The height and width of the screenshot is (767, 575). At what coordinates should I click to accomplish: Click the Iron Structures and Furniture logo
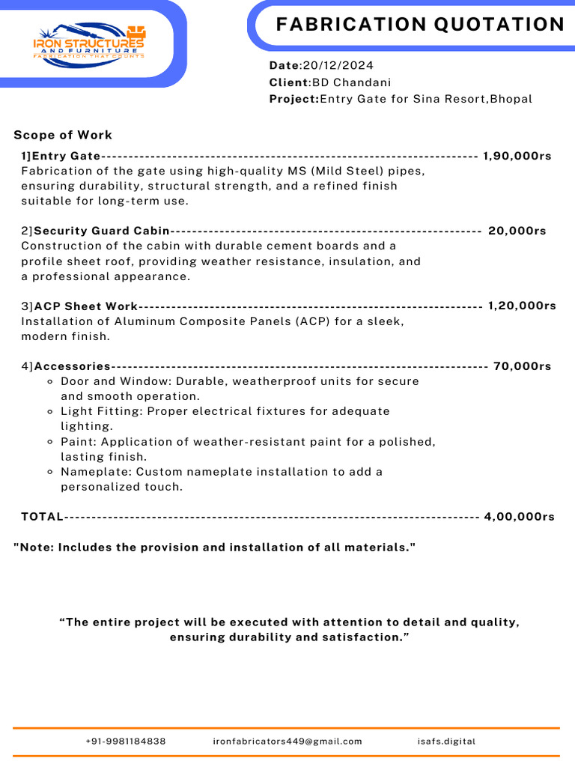[x=89, y=45]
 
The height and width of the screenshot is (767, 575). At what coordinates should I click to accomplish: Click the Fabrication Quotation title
[x=420, y=25]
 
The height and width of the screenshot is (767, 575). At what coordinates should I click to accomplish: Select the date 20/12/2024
[x=338, y=66]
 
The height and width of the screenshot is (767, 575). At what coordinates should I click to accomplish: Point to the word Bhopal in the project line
[x=511, y=99]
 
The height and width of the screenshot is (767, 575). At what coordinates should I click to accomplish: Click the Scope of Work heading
[x=63, y=135]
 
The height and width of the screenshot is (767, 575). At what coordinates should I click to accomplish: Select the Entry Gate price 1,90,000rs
[x=517, y=156]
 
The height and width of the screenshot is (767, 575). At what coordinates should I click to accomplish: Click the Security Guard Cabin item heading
[x=102, y=231]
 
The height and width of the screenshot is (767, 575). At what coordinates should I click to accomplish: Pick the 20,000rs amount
[x=517, y=231]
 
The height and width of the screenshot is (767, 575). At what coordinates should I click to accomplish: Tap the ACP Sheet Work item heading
[x=86, y=306]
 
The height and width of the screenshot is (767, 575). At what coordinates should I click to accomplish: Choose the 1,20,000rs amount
[x=522, y=306]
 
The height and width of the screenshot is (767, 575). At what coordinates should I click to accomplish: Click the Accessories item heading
[x=73, y=366]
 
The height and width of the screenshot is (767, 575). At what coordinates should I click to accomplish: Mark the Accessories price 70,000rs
[x=523, y=366]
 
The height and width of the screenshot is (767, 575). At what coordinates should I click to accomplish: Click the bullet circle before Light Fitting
[x=50, y=411]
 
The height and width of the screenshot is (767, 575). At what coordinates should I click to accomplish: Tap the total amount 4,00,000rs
[x=520, y=517]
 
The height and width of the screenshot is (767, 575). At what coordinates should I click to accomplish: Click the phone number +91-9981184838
[x=126, y=742]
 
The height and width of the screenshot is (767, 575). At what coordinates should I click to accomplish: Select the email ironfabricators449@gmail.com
[x=287, y=742]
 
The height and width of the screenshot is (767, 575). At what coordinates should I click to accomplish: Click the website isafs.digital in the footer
[x=446, y=742]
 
